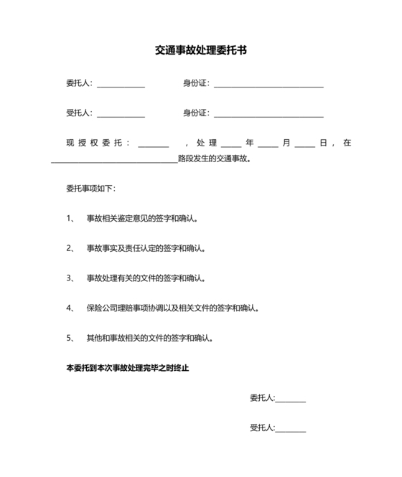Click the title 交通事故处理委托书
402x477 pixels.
tap(201, 51)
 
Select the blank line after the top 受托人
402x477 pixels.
tap(121, 115)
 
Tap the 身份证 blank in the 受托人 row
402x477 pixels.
tap(268, 115)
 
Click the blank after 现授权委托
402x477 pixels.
tap(153, 144)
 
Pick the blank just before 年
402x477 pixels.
tap(231, 144)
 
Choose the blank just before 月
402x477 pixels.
tap(268, 144)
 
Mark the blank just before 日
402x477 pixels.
tap(304, 144)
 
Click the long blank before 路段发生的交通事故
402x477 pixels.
tap(114, 161)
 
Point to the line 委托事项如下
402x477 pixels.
tap(90, 189)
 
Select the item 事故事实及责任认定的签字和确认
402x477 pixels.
tap(146, 248)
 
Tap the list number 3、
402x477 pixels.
tap(70, 278)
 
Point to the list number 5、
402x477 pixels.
tap(70, 337)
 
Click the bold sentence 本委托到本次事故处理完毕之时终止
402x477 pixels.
tap(127, 367)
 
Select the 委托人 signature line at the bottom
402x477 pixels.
tap(291, 400)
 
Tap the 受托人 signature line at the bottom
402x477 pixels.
tap(291, 429)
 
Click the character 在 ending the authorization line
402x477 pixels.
tap(347, 143)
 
